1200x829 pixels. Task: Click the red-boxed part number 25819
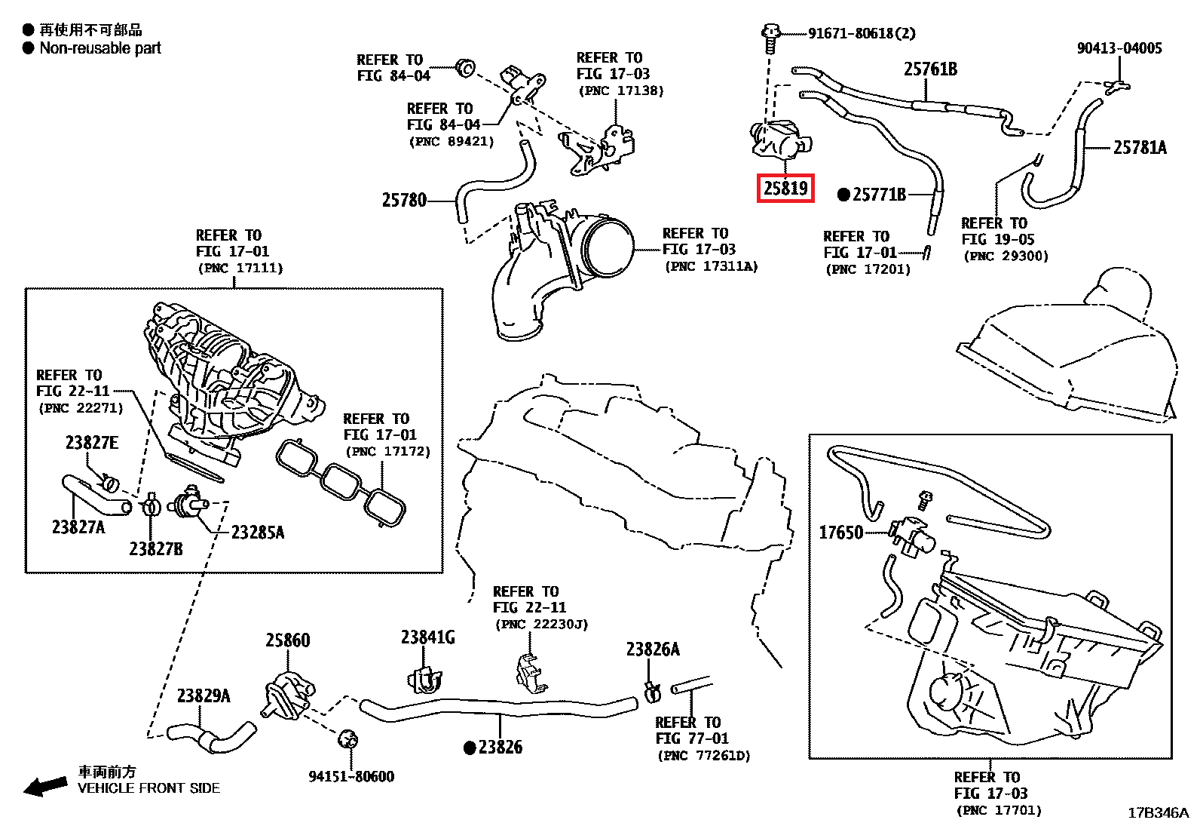pos(785,188)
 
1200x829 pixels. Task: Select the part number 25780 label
pos(404,201)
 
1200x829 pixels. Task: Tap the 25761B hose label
pos(930,70)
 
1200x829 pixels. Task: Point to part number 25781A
pos(1140,148)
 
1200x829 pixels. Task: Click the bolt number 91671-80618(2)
pos(862,34)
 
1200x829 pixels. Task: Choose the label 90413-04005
pos(1119,48)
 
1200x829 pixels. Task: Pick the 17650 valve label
pos(840,533)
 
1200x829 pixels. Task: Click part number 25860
pos(287,640)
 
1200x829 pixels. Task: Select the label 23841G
pos(427,638)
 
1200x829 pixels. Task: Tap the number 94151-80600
pos(351,777)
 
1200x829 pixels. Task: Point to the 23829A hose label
pos(204,695)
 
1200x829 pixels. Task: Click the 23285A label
pos(258,533)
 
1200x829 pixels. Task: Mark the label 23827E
pos(91,443)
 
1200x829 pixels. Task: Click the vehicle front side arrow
pos(45,786)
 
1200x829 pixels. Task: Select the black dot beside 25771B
pos(844,195)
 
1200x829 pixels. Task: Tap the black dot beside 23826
pos(470,748)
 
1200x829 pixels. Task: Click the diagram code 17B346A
pos(1158,813)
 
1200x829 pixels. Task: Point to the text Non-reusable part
pos(100,48)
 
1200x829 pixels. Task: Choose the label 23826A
pos(653,649)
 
